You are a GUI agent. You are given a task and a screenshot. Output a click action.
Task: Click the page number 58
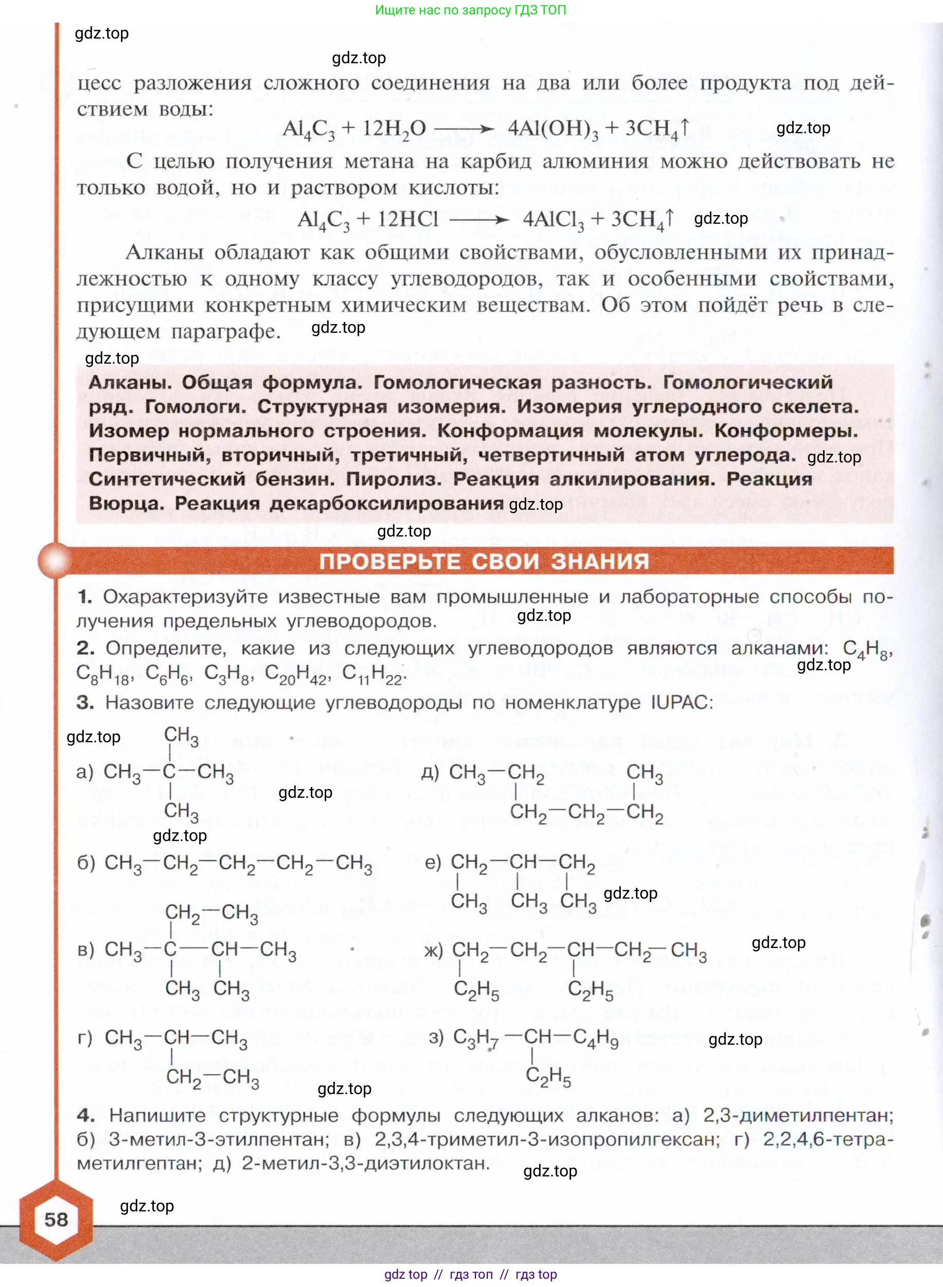(x=56, y=1220)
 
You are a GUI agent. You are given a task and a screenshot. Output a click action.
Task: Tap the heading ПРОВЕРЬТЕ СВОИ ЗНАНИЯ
(x=484, y=562)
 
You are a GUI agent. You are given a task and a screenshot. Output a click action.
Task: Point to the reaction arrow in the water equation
(x=464, y=130)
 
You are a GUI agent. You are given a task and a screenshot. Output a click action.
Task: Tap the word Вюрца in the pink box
(x=126, y=504)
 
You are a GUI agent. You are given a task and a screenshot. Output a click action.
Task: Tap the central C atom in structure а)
(x=170, y=772)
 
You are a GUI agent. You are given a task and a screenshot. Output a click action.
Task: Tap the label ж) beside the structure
(x=433, y=950)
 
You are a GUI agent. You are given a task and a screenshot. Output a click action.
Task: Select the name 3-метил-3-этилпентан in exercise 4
(x=219, y=1139)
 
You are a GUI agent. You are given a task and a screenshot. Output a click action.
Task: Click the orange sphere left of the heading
(x=56, y=561)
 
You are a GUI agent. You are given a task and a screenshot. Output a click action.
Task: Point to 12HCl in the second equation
(x=407, y=219)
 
